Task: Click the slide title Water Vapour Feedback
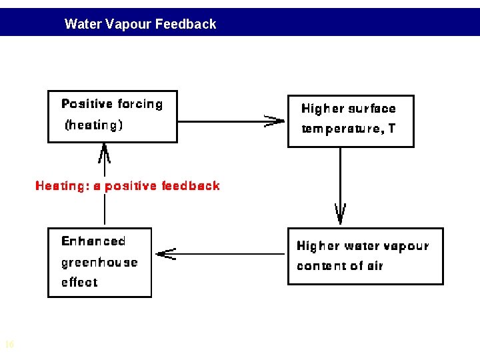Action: pos(140,24)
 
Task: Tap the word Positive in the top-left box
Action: pos(87,104)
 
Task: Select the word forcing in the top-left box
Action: pos(140,104)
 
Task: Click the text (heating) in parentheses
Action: pos(93,125)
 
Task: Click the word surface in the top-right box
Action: pos(372,109)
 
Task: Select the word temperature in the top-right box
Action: pos(339,129)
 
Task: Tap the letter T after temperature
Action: pos(392,128)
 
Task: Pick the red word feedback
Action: pos(191,186)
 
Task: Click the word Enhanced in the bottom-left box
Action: pos(93,241)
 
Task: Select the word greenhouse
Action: pos(99,263)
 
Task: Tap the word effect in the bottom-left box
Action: pos(79,283)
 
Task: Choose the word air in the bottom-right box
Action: pos(375,266)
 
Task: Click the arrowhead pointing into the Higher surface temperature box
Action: pos(275,121)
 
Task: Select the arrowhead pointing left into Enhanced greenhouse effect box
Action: pos(165,254)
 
